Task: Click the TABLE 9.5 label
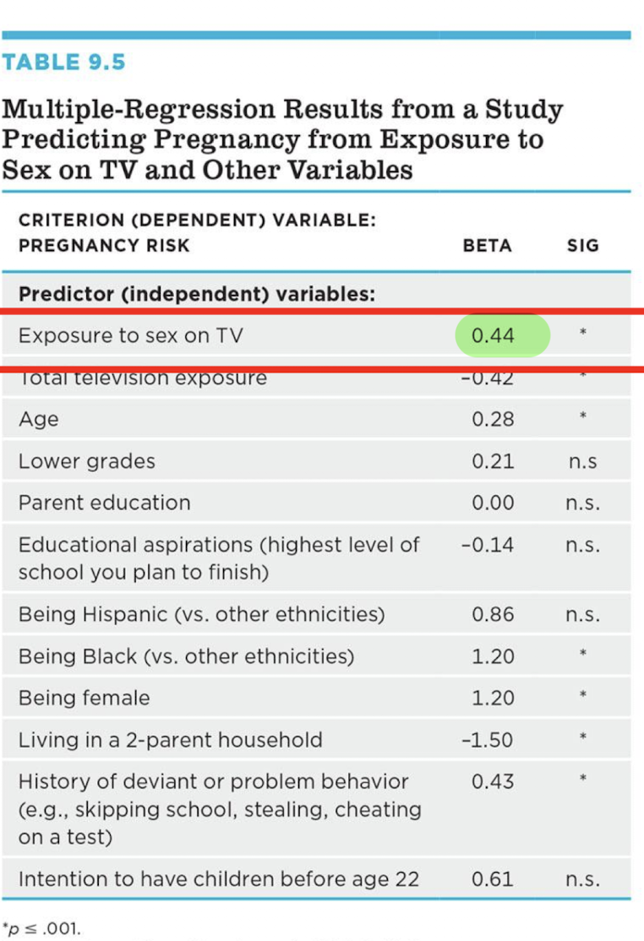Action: pyautogui.click(x=63, y=63)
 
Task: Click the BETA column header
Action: pyautogui.click(x=487, y=246)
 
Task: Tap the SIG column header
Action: pyautogui.click(x=582, y=246)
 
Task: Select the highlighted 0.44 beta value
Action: pyautogui.click(x=493, y=335)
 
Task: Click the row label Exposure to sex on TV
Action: pyautogui.click(x=130, y=335)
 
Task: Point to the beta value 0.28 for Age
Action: pyautogui.click(x=493, y=419)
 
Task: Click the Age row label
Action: pyautogui.click(x=39, y=419)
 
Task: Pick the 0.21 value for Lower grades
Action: pyautogui.click(x=493, y=461)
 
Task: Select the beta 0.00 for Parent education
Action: pyautogui.click(x=493, y=503)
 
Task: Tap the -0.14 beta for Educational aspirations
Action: pyautogui.click(x=488, y=545)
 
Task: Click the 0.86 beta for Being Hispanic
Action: pyautogui.click(x=493, y=614)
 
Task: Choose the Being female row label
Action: pyautogui.click(x=85, y=698)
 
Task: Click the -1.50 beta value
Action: pyautogui.click(x=488, y=740)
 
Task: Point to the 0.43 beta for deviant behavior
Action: pyautogui.click(x=493, y=781)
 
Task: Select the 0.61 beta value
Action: pyautogui.click(x=493, y=878)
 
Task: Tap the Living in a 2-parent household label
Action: pyautogui.click(x=171, y=740)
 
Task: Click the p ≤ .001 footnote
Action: pyautogui.click(x=42, y=928)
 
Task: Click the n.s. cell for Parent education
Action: pyautogui.click(x=582, y=503)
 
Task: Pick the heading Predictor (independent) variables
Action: pyautogui.click(x=197, y=294)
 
